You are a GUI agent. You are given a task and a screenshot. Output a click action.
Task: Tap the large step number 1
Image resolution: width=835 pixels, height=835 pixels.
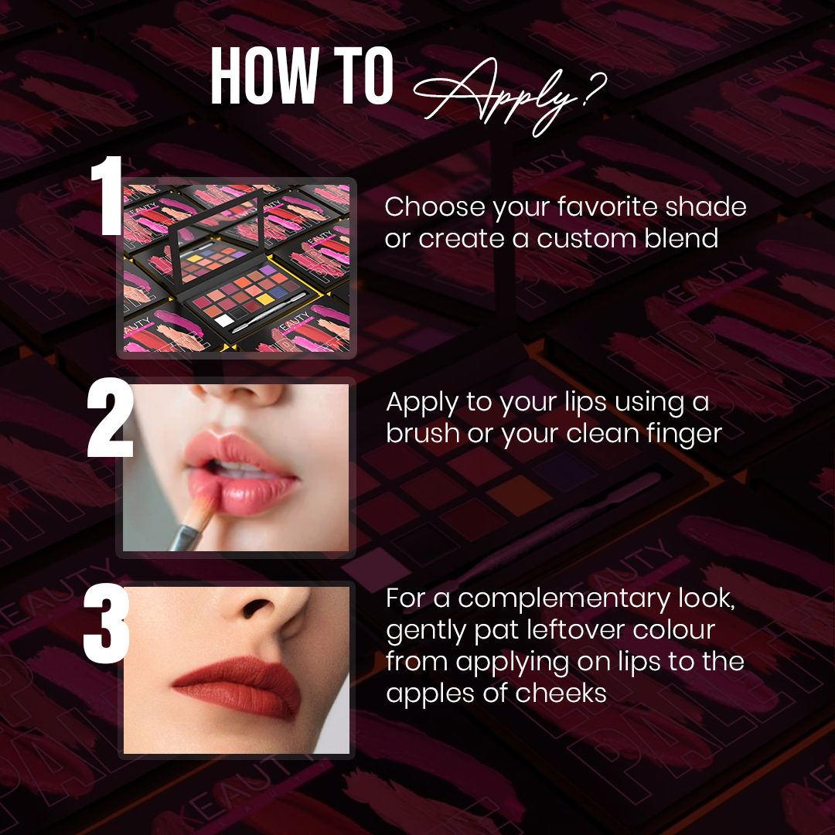click(x=107, y=196)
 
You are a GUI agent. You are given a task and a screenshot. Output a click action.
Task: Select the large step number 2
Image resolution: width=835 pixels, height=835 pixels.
click(x=110, y=417)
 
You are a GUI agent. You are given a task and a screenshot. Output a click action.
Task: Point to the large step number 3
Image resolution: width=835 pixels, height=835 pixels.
click(x=107, y=623)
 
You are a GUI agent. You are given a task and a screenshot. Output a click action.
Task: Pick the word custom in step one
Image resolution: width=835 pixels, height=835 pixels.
click(x=586, y=238)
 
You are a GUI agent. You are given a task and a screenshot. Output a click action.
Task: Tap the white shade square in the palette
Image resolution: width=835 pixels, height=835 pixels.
click(x=223, y=320)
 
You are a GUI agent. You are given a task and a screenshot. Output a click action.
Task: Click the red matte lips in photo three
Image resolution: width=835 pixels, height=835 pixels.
click(x=237, y=687)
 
